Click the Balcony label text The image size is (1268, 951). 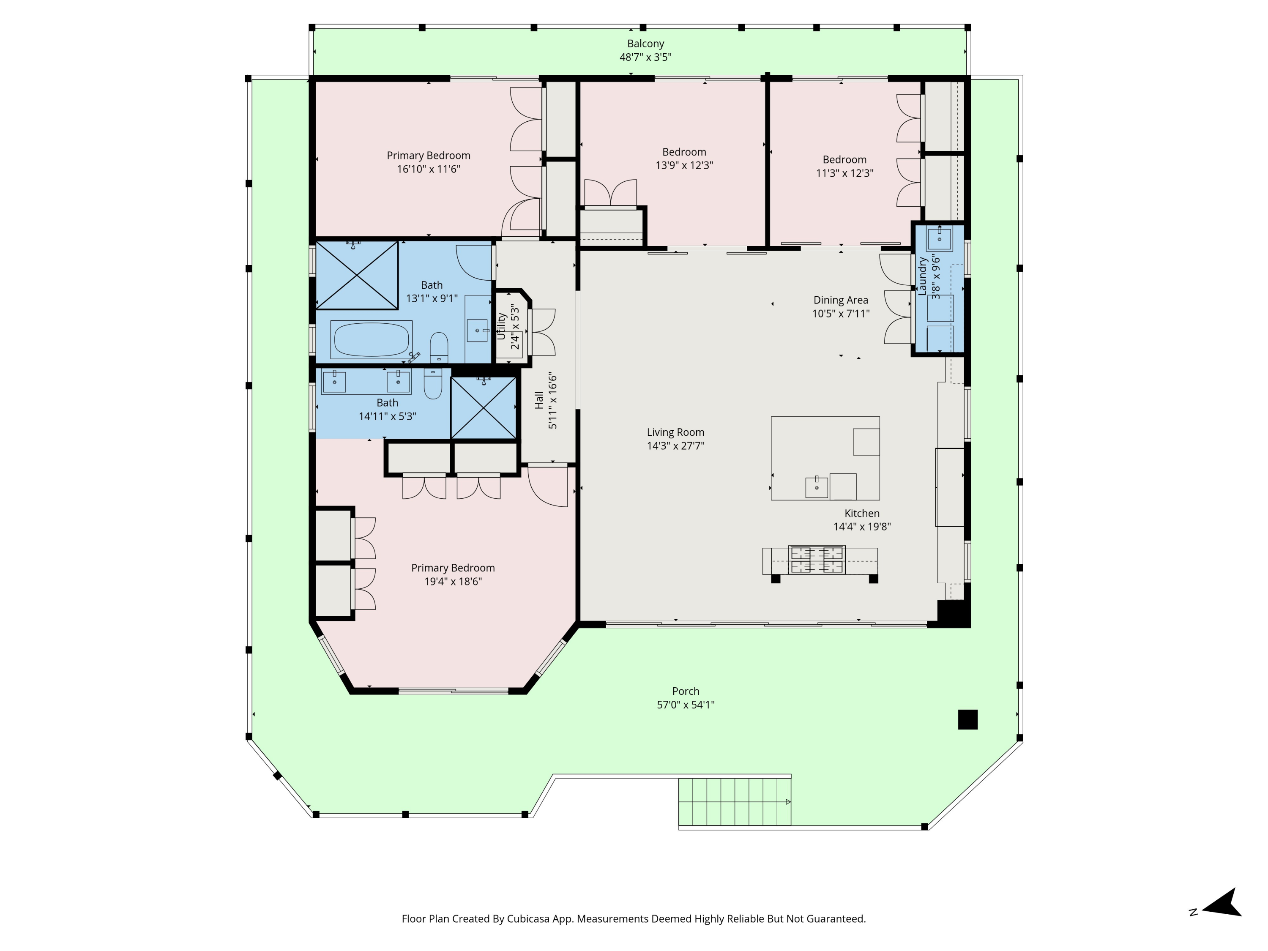pyautogui.click(x=645, y=44)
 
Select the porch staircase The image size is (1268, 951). pyautogui.click(x=734, y=801)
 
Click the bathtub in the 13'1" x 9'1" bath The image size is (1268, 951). pyautogui.click(x=372, y=340)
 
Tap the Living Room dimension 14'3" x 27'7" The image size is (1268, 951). pyautogui.click(x=675, y=446)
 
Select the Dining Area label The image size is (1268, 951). pyautogui.click(x=840, y=300)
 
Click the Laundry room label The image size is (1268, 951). pyautogui.click(x=922, y=276)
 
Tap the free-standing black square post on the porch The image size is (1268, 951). pyautogui.click(x=967, y=719)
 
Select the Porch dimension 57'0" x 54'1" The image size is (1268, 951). pyautogui.click(x=686, y=705)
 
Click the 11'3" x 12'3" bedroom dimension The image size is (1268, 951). pyautogui.click(x=844, y=173)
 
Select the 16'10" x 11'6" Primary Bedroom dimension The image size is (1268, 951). pyautogui.click(x=428, y=169)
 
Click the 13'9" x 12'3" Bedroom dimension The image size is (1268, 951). pyautogui.click(x=684, y=166)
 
